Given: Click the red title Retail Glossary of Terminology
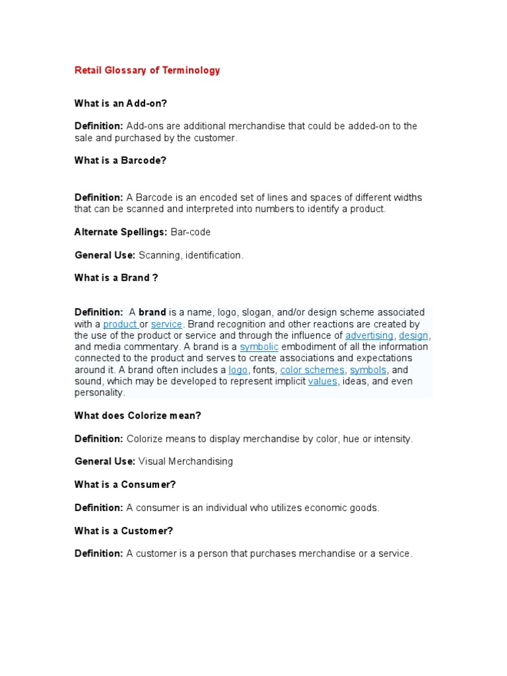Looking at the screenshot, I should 147,70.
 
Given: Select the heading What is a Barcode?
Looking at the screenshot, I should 120,160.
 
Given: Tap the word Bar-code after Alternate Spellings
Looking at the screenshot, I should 190,232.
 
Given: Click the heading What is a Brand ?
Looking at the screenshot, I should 116,278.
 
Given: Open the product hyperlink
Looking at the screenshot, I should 119,324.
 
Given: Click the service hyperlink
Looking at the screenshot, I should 166,324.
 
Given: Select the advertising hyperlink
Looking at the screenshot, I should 369,335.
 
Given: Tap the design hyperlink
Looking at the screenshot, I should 413,335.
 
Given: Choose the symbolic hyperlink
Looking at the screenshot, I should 259,347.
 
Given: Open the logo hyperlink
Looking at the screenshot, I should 238,370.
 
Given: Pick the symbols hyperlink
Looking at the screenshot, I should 368,370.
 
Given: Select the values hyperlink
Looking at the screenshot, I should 323,381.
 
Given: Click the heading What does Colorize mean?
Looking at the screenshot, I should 137,415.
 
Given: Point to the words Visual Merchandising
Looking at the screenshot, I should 186,461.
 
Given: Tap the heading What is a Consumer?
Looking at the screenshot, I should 125,485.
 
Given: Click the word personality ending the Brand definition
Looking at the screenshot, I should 99,393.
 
